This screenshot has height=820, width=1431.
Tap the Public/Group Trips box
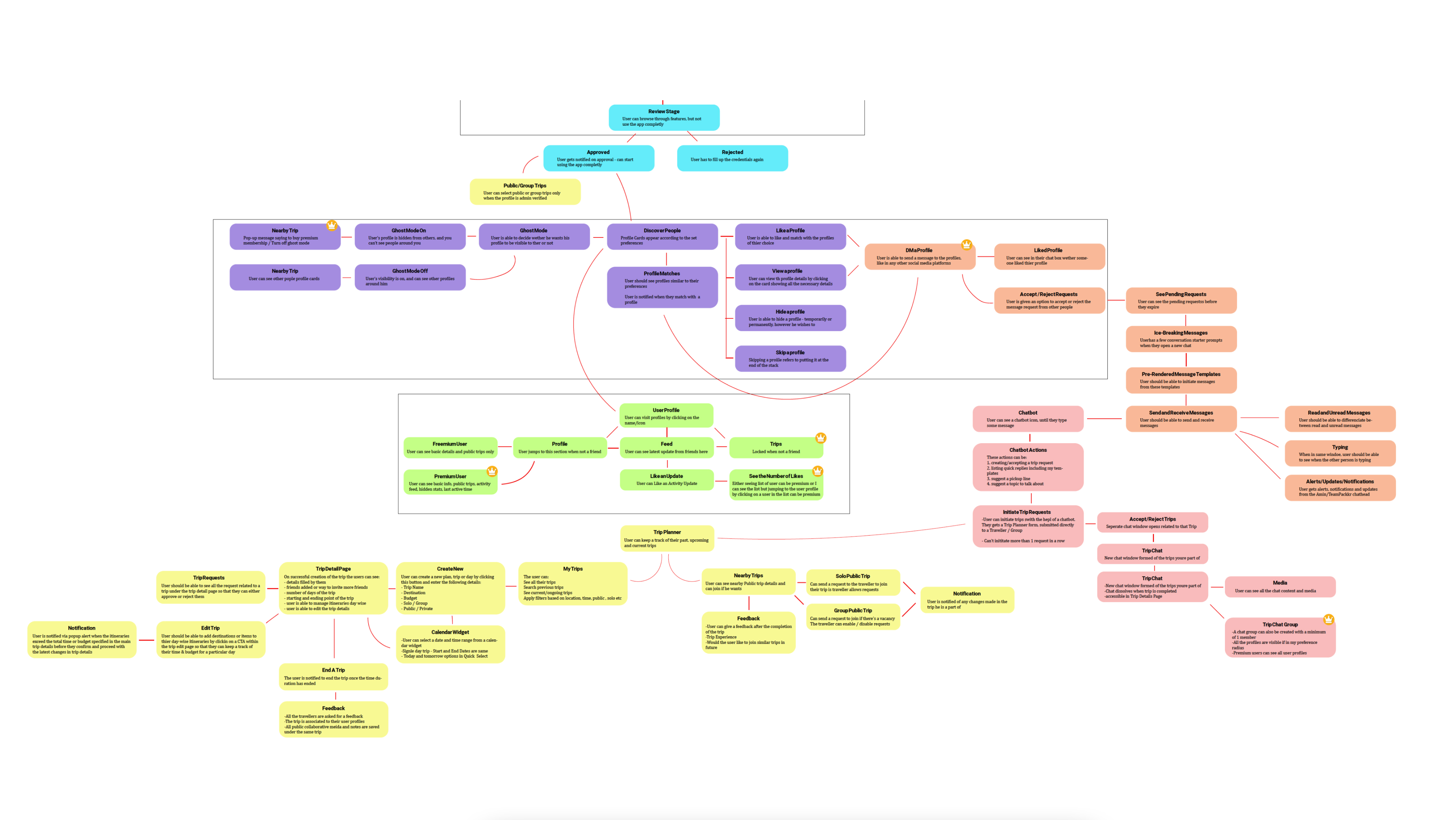click(x=525, y=191)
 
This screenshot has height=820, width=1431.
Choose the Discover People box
click(x=662, y=236)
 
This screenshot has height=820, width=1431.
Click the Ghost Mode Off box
click(x=410, y=277)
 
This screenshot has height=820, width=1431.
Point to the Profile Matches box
click(x=662, y=287)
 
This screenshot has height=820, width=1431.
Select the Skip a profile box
click(x=790, y=358)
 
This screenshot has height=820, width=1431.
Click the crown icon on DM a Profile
click(x=966, y=244)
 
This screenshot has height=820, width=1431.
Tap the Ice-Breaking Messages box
click(x=1181, y=339)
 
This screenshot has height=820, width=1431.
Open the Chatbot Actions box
click(x=1027, y=467)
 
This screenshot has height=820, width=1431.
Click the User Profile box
click(x=666, y=416)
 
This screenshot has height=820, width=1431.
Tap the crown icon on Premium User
click(x=492, y=471)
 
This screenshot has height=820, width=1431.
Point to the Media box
click(x=1279, y=586)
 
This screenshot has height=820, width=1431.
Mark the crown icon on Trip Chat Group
click(x=1328, y=619)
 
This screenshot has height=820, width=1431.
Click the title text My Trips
click(x=573, y=569)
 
